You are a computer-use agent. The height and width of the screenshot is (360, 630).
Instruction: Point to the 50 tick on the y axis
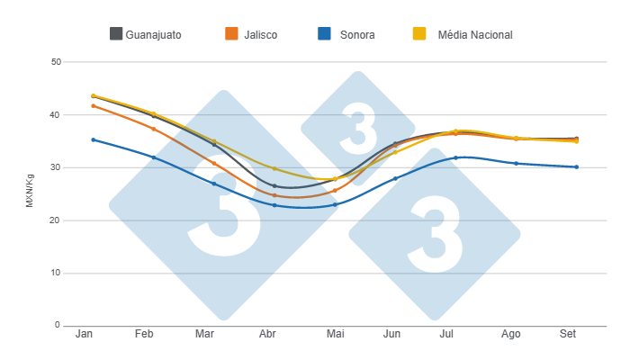click(x=55, y=62)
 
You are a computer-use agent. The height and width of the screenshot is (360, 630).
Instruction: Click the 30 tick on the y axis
click(x=55, y=167)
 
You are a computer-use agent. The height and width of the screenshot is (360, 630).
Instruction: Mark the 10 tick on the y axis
click(x=55, y=273)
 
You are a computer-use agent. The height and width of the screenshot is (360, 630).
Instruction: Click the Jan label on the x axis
click(x=85, y=334)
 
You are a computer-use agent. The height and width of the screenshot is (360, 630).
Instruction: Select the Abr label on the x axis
click(x=267, y=334)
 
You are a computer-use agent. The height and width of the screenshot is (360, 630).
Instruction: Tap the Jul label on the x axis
click(x=446, y=334)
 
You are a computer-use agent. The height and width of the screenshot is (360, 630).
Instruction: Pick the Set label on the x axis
click(x=568, y=334)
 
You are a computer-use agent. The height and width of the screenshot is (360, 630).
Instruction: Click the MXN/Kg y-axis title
click(x=30, y=193)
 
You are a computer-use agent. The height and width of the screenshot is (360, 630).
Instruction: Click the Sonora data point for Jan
click(x=93, y=139)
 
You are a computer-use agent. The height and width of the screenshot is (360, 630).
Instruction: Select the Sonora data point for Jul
click(x=456, y=157)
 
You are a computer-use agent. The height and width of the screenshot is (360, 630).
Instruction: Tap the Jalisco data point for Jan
click(x=93, y=105)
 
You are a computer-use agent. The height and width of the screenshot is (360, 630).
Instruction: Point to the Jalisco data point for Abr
click(x=274, y=195)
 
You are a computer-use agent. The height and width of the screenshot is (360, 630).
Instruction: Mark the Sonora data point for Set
click(x=577, y=166)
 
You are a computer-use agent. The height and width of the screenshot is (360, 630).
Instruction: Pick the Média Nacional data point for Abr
click(x=274, y=168)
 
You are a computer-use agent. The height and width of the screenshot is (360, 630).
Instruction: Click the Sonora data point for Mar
click(x=214, y=184)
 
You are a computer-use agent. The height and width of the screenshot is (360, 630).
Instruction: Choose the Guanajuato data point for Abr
click(x=274, y=186)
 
